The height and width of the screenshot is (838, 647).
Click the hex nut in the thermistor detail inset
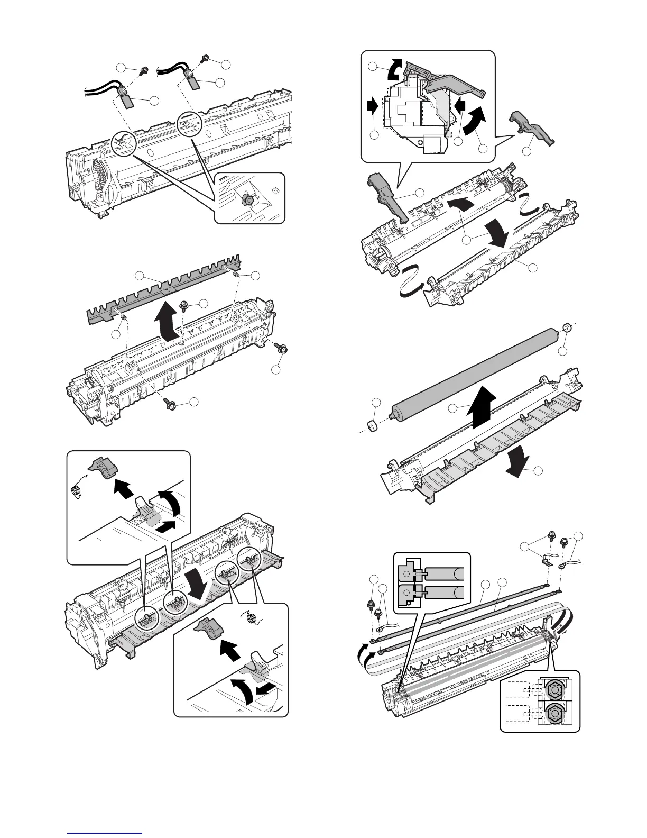coord(246,199)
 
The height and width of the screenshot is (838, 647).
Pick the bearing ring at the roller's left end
coord(374,425)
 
